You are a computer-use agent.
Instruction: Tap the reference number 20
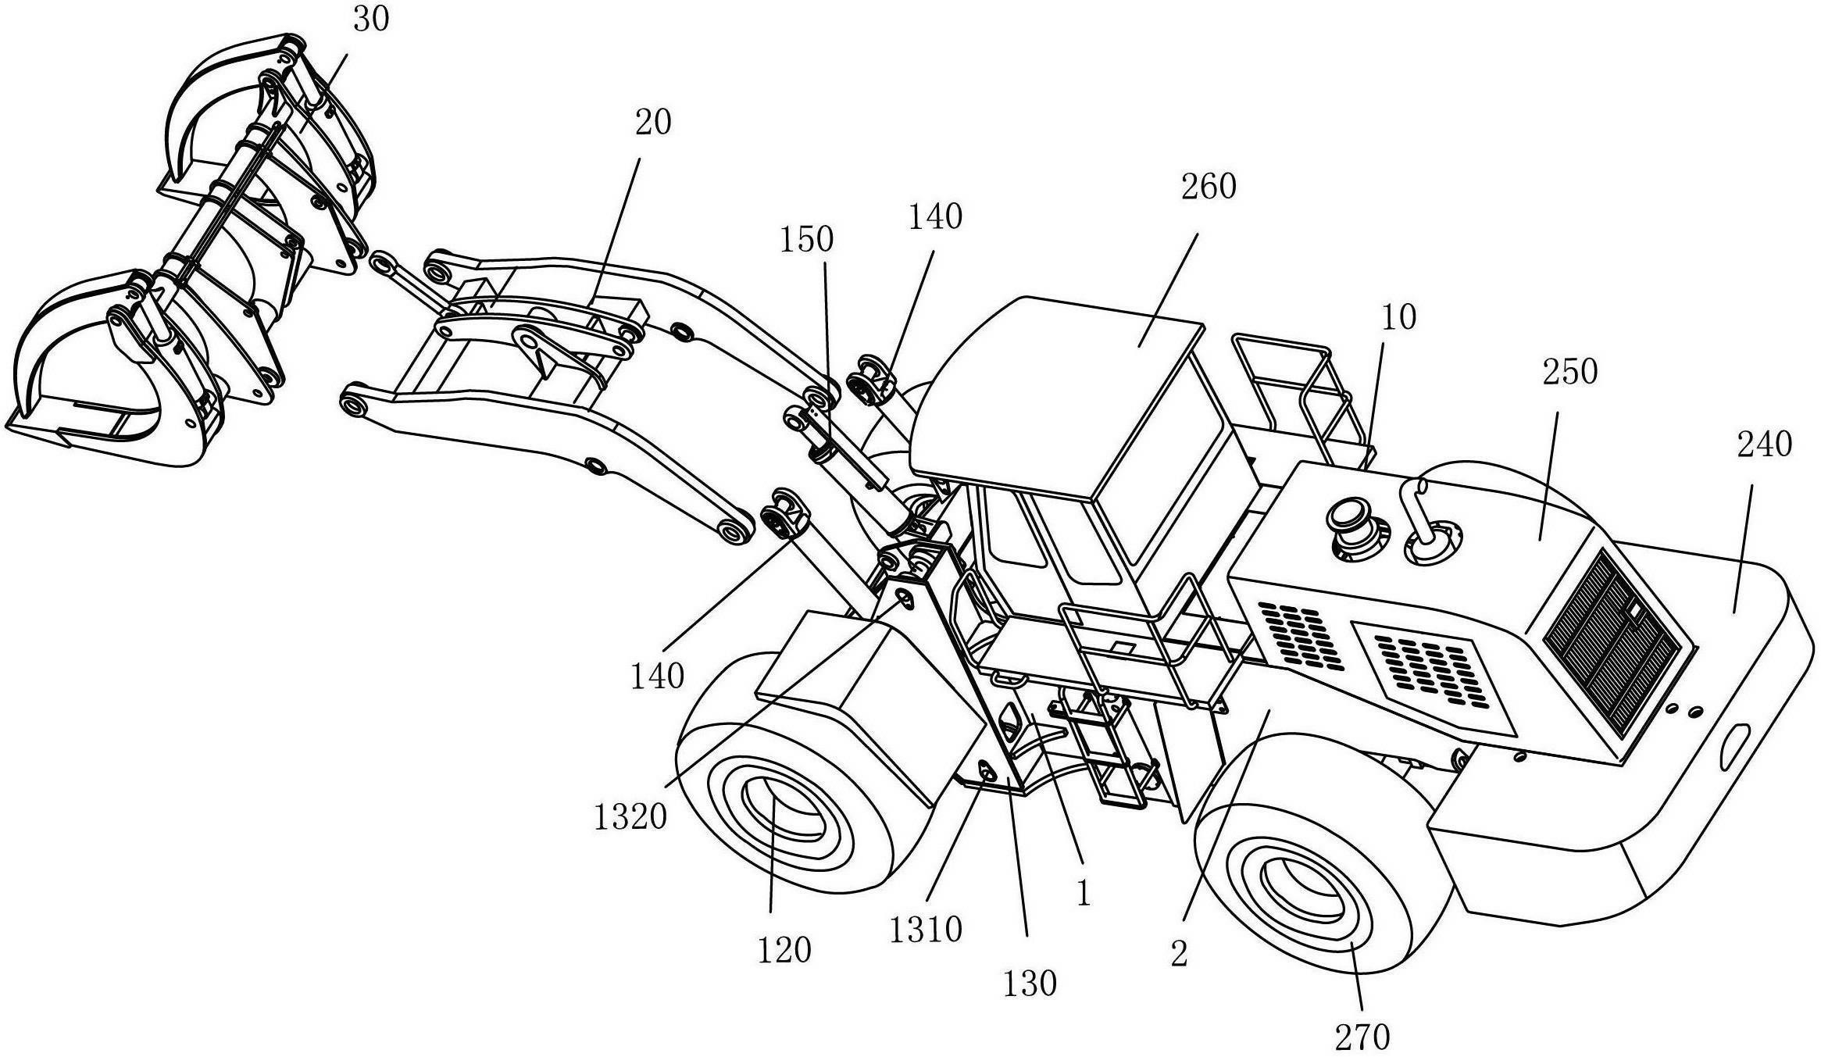(653, 123)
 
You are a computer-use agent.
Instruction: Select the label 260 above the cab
(1209, 187)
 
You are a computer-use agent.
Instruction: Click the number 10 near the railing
(1398, 318)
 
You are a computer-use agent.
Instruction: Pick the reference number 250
(1570, 373)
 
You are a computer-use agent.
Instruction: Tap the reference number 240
(1764, 445)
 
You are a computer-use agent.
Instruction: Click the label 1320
(630, 817)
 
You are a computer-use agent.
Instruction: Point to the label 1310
(926, 930)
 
